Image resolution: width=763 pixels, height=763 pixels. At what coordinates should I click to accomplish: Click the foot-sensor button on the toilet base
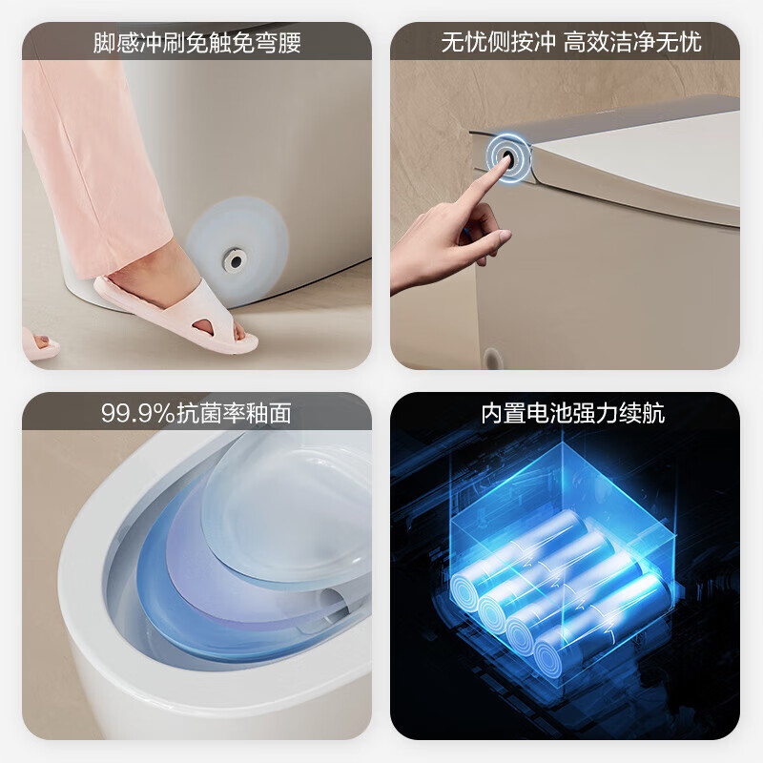[x=235, y=260]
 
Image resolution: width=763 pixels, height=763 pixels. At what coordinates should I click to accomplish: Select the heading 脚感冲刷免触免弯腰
[x=197, y=42]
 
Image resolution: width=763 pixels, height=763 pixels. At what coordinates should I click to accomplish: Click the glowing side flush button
[x=508, y=156]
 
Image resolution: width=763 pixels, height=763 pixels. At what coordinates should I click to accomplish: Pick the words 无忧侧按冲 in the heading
[x=498, y=42]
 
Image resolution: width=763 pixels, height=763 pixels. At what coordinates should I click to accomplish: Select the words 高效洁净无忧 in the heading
[x=632, y=42]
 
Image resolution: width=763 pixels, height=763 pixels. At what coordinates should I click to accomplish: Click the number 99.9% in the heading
[x=137, y=413]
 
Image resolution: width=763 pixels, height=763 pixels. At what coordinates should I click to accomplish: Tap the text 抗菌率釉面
[x=234, y=413]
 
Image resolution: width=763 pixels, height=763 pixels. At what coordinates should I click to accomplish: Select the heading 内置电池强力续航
[x=573, y=413]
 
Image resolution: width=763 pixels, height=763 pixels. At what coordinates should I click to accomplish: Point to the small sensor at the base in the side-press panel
[x=492, y=360]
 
